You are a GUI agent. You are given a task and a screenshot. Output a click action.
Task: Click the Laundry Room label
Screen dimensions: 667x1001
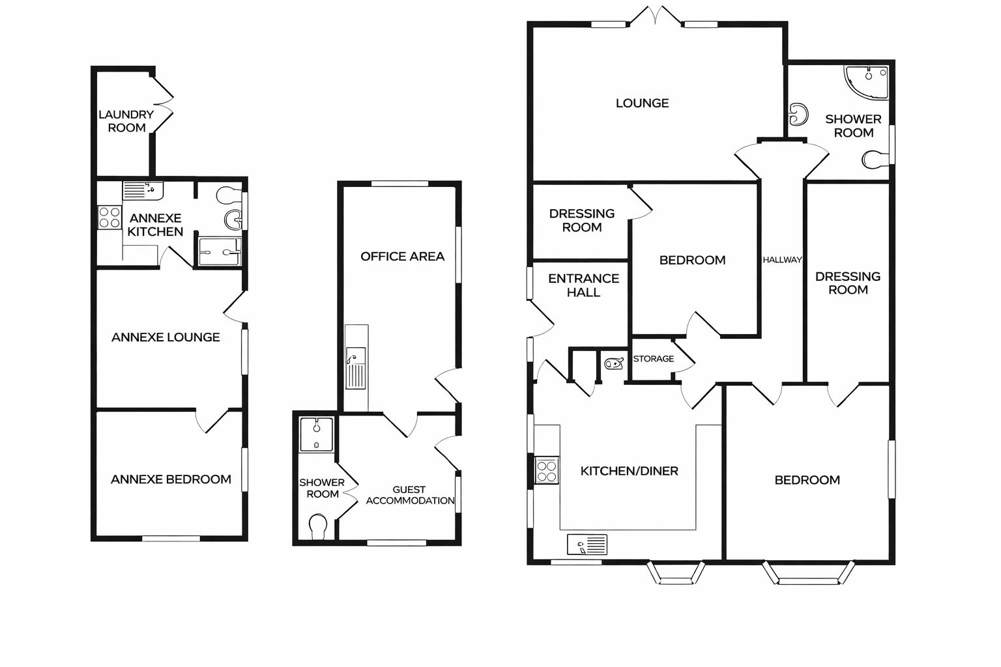[126, 121]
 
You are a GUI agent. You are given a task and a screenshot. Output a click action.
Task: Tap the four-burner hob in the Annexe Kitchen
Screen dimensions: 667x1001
[109, 217]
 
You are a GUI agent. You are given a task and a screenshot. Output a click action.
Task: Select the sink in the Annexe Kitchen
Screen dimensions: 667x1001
[143, 190]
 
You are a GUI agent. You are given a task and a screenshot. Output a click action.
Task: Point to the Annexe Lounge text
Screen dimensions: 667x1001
[166, 337]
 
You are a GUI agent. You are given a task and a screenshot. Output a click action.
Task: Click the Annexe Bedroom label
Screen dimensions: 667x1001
[171, 479]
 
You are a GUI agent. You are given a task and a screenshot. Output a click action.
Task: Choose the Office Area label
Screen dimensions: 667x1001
[402, 257]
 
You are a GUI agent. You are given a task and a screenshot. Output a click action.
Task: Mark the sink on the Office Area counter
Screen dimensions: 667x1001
[356, 369]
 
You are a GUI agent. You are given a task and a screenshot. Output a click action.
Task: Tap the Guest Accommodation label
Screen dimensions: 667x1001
[410, 495]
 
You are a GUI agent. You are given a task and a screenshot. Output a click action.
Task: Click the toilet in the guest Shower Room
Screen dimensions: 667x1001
[318, 526]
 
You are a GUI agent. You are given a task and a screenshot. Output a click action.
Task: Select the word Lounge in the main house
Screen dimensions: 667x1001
[642, 103]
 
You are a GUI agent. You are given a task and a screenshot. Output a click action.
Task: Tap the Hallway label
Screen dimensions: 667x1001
[782, 260]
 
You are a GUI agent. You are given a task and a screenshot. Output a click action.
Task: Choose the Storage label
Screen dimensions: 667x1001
[653, 359]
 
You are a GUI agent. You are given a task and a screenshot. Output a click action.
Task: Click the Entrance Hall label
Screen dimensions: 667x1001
[583, 285]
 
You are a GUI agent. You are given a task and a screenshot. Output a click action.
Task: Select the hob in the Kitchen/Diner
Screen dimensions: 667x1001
[547, 470]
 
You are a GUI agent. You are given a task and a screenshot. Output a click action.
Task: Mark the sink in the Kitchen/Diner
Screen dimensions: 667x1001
[587, 544]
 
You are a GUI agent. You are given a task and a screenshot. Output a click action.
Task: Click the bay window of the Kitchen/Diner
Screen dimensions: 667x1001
[676, 573]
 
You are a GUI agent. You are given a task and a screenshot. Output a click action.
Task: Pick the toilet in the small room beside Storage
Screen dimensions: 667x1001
[613, 363]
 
